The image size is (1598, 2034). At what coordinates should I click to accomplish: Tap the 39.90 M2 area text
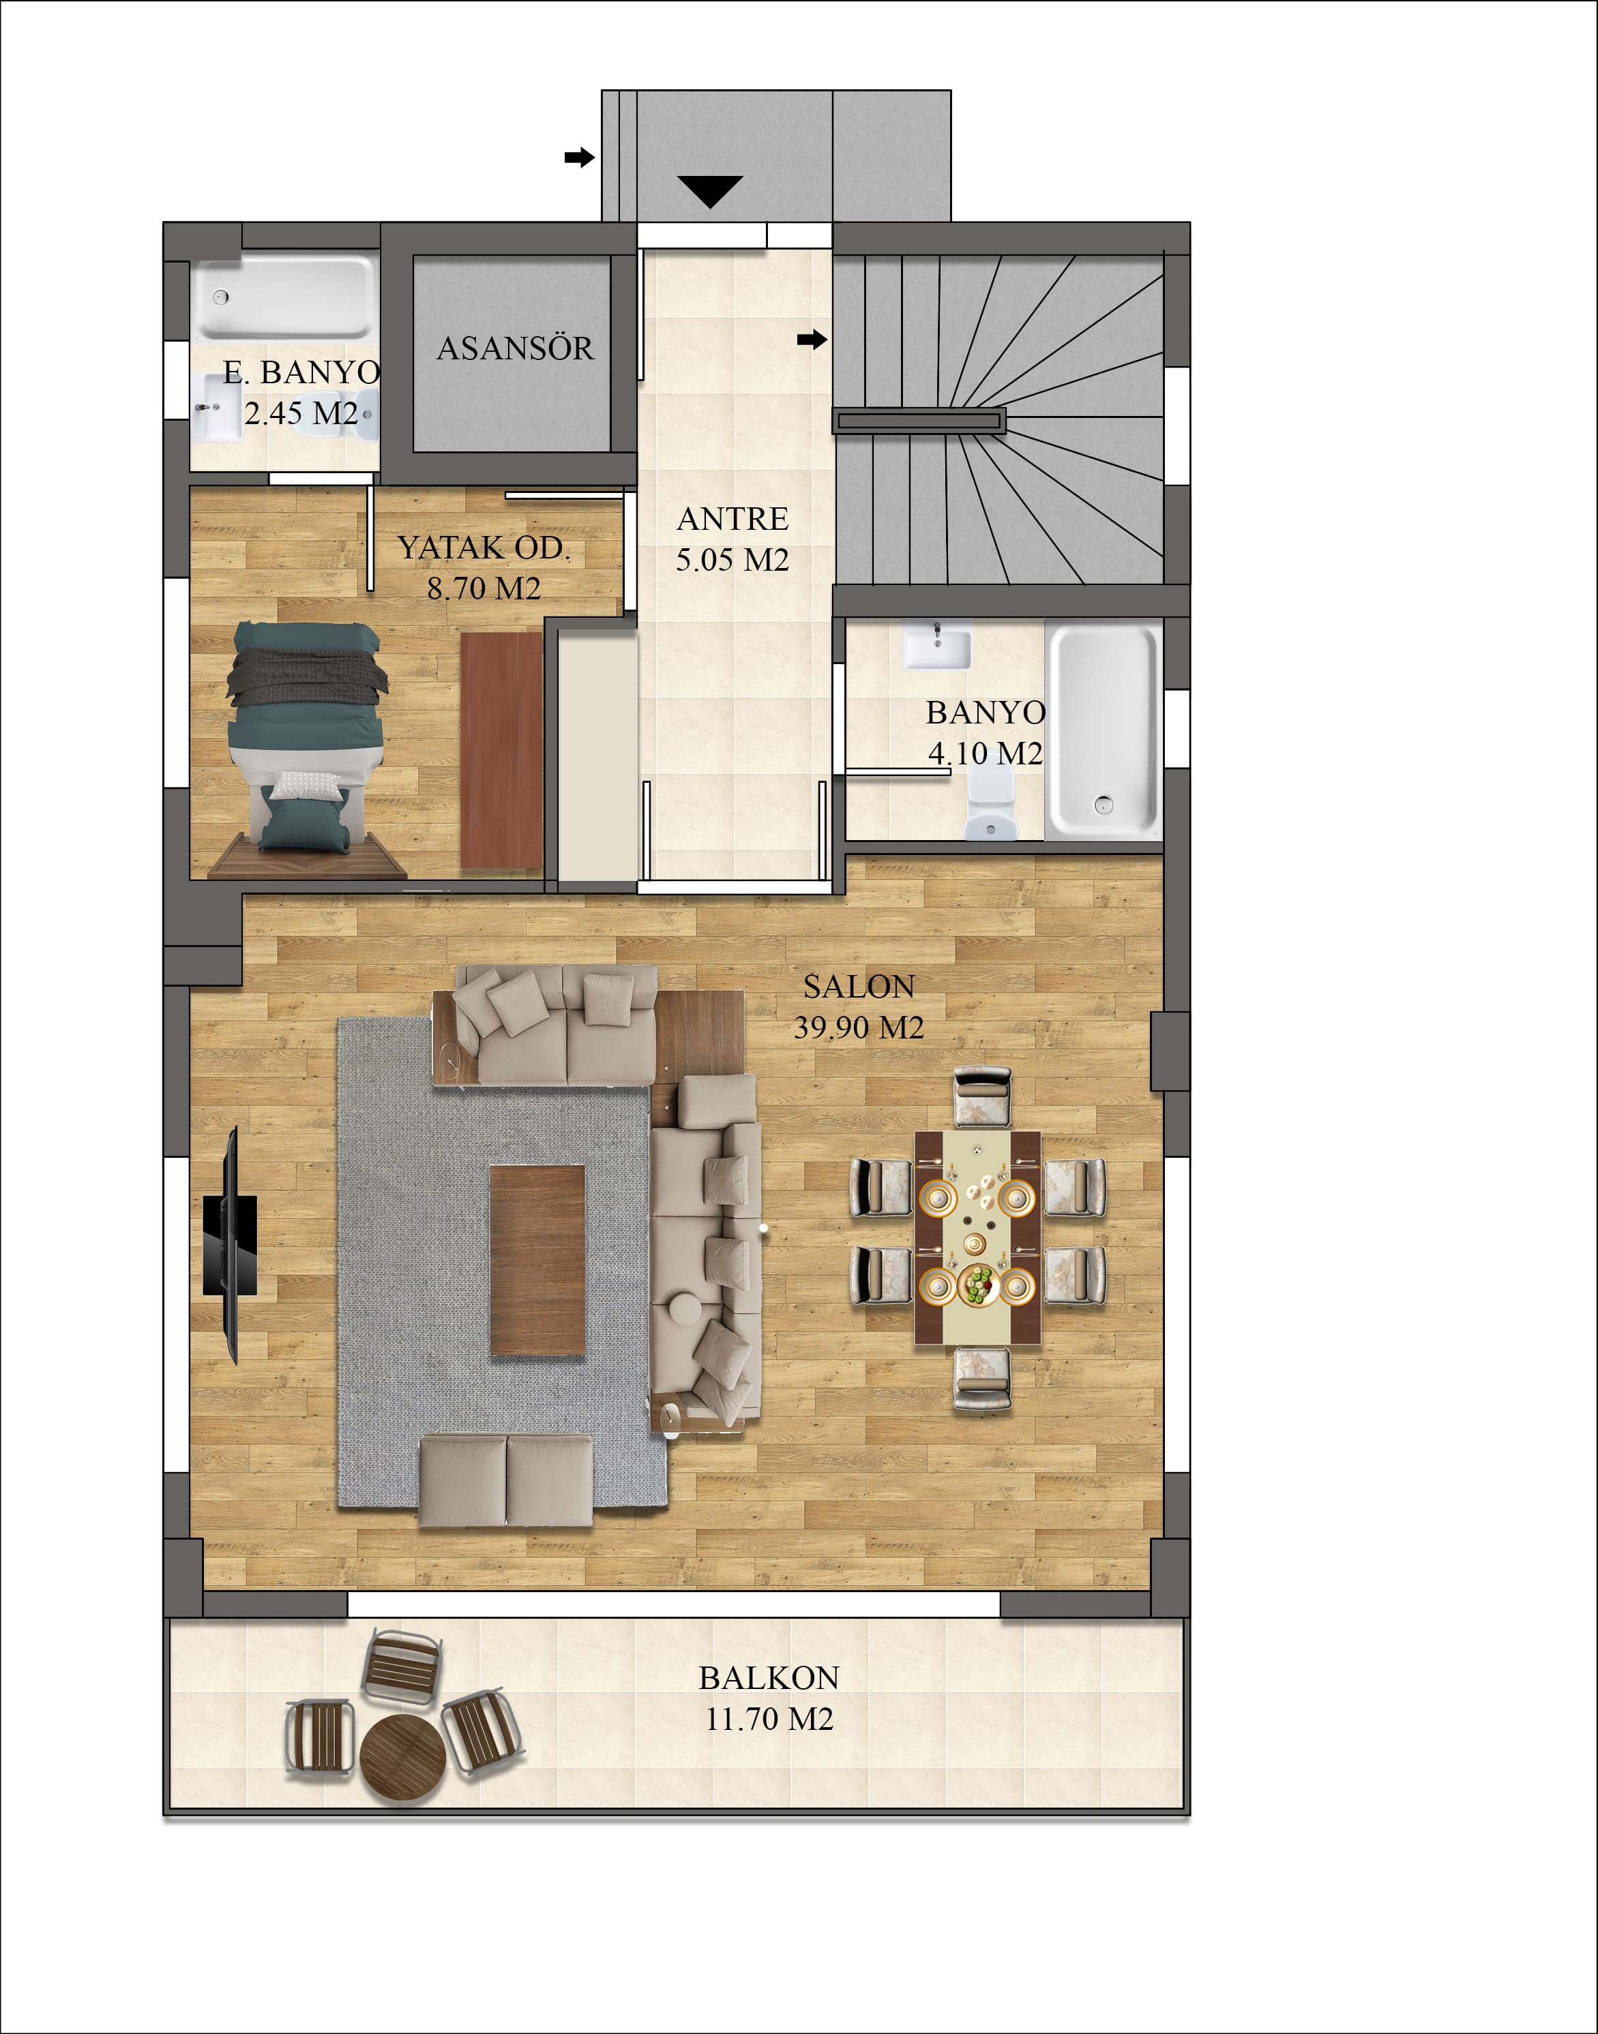click(x=859, y=1028)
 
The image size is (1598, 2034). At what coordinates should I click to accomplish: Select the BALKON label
click(x=769, y=1677)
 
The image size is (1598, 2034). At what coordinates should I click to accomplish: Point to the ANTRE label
click(x=733, y=519)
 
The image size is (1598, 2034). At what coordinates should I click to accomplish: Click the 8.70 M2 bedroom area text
click(x=484, y=588)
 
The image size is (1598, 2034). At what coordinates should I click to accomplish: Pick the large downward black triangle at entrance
click(x=711, y=191)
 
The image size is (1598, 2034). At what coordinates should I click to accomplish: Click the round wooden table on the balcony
click(x=400, y=1758)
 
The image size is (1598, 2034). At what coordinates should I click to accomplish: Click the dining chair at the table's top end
click(x=982, y=1098)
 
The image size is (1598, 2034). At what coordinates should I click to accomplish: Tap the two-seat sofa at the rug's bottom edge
click(x=506, y=1481)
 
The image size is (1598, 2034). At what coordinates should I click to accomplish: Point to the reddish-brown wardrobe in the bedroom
click(x=503, y=751)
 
